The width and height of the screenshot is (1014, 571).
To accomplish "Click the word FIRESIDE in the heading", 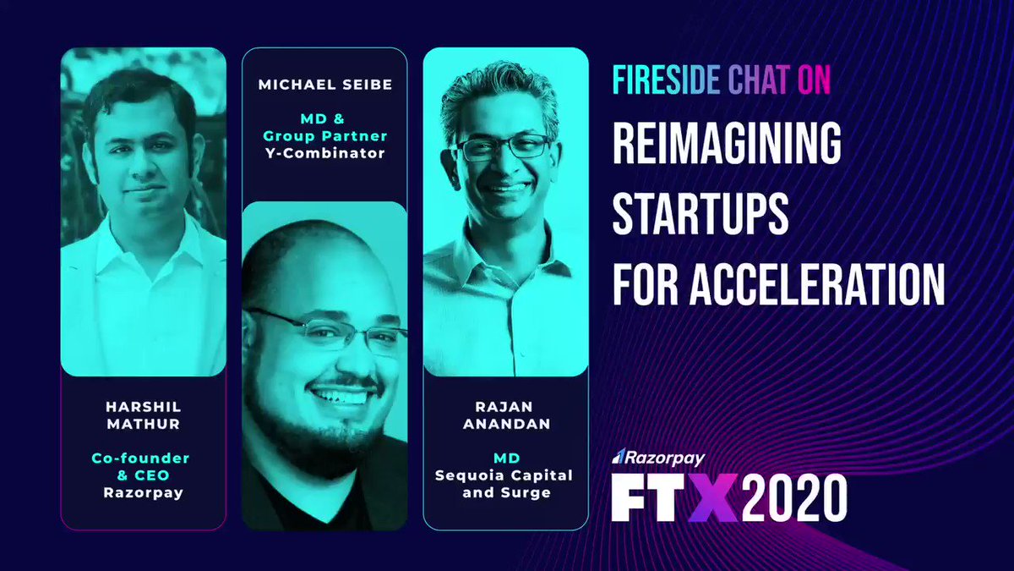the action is [667, 80].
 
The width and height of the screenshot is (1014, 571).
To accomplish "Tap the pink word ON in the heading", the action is [814, 80].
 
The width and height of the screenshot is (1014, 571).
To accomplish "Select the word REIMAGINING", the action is [727, 143].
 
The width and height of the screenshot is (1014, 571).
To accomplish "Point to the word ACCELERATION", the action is [817, 283].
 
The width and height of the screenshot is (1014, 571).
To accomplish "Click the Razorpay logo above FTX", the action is [658, 458].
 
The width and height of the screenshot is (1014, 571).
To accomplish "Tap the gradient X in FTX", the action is [715, 497].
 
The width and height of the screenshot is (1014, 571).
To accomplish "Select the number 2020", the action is [795, 497].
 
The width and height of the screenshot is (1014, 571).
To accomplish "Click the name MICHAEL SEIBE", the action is [325, 85].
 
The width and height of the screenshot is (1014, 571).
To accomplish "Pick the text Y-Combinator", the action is [325, 153].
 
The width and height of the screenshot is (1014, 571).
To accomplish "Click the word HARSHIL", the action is [144, 407].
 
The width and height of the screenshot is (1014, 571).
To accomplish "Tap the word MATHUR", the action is [144, 424].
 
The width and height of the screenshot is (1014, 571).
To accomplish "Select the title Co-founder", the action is [140, 458].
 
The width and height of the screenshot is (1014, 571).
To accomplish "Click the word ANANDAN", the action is [506, 424].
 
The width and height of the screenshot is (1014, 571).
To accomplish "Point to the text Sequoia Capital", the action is [504, 475].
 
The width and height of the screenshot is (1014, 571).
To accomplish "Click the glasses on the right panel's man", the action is [504, 147].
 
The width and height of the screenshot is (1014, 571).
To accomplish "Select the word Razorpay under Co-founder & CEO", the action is [144, 492].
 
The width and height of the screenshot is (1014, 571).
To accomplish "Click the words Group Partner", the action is [325, 136].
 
